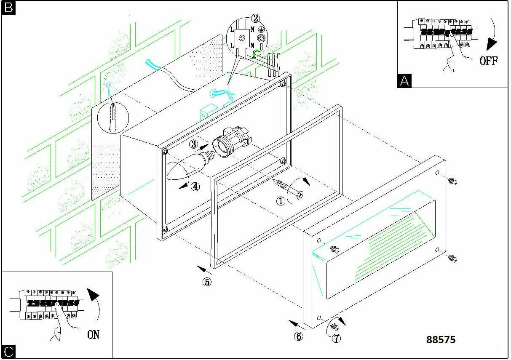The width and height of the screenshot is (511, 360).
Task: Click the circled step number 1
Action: (281, 201)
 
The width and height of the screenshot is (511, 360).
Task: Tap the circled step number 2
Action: (256, 18)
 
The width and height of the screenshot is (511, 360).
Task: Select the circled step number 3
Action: (194, 144)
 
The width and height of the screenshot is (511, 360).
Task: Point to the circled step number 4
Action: (195, 186)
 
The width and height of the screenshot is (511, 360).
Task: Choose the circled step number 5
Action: (207, 282)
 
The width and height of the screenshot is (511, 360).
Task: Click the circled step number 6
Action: (299, 336)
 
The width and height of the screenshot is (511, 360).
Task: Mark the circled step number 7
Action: (336, 338)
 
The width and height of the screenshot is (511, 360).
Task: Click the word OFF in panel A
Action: (489, 61)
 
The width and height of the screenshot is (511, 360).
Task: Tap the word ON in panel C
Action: (94, 335)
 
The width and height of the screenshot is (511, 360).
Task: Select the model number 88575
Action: (441, 339)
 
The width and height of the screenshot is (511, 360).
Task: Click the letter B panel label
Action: (8, 8)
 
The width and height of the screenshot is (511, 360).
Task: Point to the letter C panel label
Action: (8, 352)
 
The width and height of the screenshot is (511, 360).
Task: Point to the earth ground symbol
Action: (262, 30)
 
